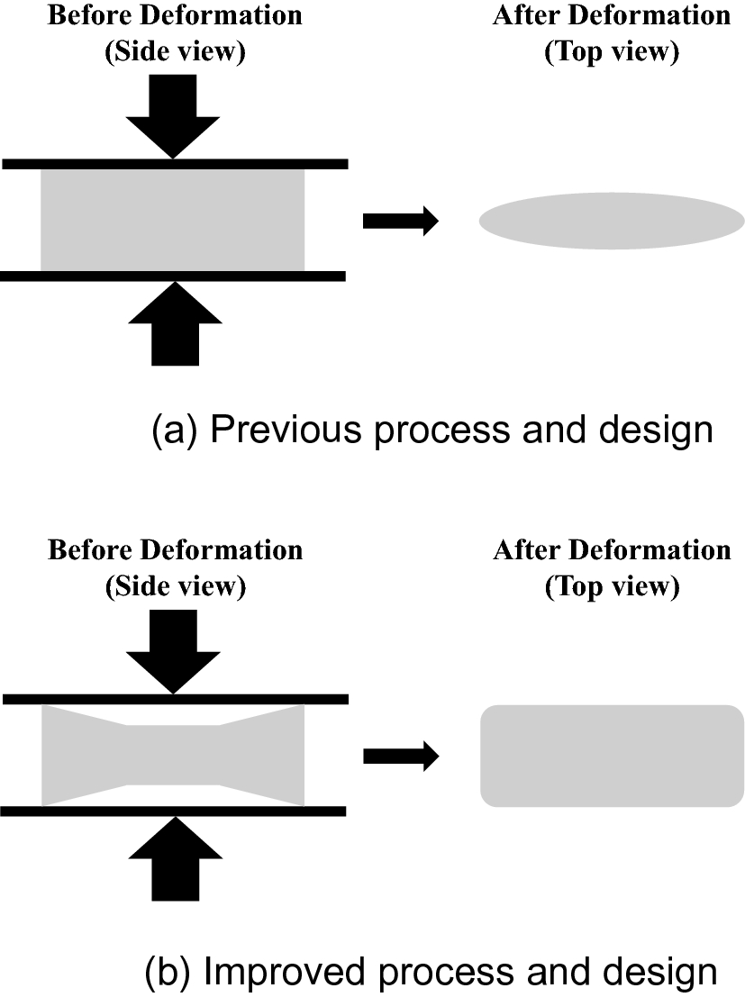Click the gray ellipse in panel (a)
(611, 221)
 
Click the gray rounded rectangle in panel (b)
(611, 756)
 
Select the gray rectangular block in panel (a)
(173, 220)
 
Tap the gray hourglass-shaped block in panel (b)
(173, 756)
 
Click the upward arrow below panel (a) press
(175, 325)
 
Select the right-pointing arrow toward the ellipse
(400, 221)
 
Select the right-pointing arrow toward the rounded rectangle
(400, 756)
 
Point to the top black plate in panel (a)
(175, 164)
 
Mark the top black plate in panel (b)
(175, 699)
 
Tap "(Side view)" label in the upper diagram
(175, 52)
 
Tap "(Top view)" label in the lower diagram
(611, 586)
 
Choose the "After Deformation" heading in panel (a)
(611, 16)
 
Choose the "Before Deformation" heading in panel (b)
(175, 550)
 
